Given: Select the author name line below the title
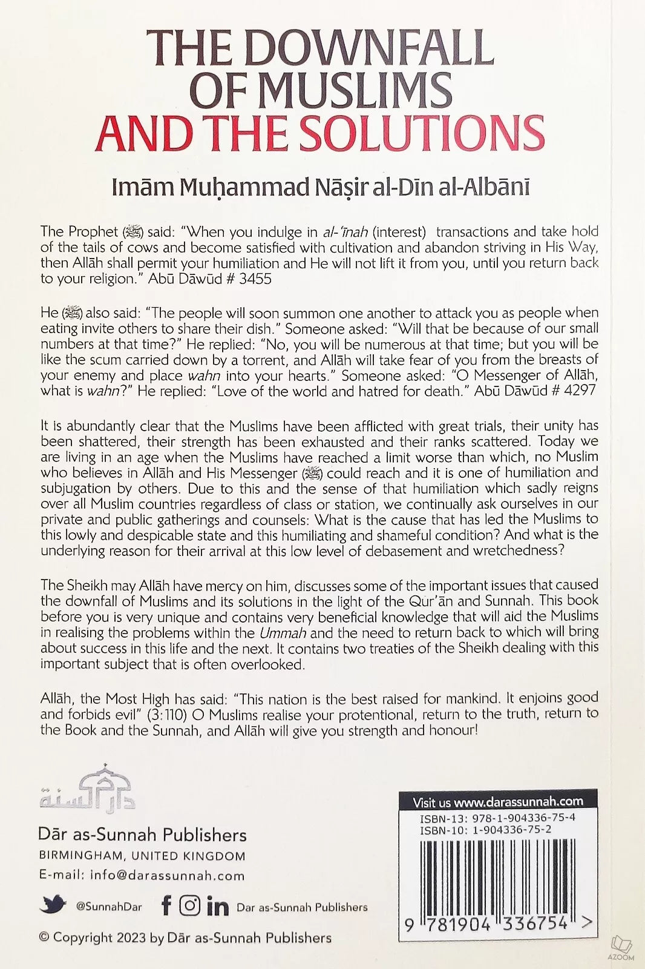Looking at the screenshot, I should tap(321, 187).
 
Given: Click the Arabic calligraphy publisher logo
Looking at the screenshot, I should tap(88, 788).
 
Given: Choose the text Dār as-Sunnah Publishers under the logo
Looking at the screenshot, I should tap(142, 835).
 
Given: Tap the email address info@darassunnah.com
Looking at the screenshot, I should tap(167, 875).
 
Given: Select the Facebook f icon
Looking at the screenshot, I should tap(166, 906).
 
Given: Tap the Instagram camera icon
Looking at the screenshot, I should tap(189, 906).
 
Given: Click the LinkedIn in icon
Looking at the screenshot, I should tap(217, 907).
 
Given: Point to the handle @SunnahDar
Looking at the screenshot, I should tap(109, 907).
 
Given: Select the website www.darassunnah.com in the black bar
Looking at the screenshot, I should tap(518, 802).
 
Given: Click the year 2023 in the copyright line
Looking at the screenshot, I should tap(129, 938).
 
